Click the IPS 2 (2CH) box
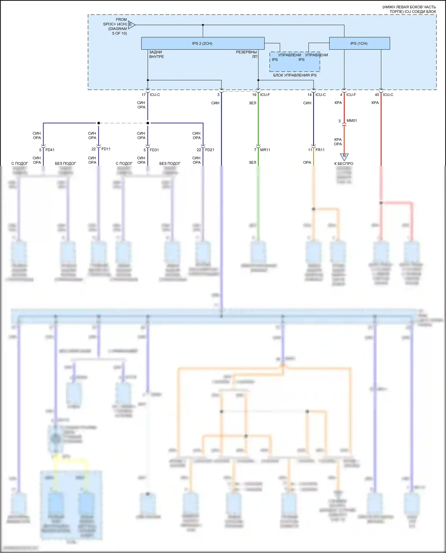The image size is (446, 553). pyautogui.click(x=202, y=43)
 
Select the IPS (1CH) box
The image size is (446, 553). pyautogui.click(x=359, y=43)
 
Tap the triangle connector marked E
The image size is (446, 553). pyautogui.click(x=132, y=25)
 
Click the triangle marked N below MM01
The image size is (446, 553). pyautogui.click(x=344, y=156)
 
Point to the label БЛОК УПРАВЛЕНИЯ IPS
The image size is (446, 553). pyautogui.click(x=295, y=75)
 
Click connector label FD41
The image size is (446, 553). pyautogui.click(x=50, y=150)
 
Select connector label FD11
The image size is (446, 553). pyautogui.click(x=106, y=149)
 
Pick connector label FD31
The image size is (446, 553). pyautogui.click(x=154, y=150)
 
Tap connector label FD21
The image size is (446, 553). pyautogui.click(x=210, y=150)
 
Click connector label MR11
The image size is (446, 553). pyautogui.click(x=265, y=150)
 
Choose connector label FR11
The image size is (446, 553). pyautogui.click(x=320, y=150)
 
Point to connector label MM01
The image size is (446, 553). pyautogui.click(x=352, y=121)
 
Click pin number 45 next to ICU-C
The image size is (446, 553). pyautogui.click(x=377, y=95)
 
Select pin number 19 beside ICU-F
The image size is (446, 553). pyautogui.click(x=254, y=95)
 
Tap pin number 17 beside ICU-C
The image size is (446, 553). pyautogui.click(x=144, y=95)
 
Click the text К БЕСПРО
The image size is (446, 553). pyautogui.click(x=344, y=164)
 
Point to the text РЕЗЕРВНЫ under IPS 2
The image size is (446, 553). pyautogui.click(x=246, y=52)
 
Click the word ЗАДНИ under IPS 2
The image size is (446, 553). pyautogui.click(x=156, y=52)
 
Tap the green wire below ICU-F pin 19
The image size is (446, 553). pyautogui.click(x=258, y=125)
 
